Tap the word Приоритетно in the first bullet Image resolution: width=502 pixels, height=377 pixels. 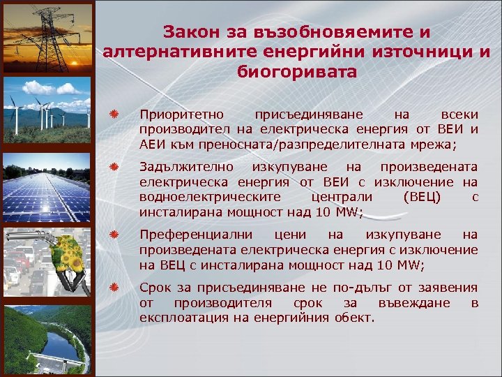point(178,113)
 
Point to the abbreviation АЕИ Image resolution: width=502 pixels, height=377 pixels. point(151,145)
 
